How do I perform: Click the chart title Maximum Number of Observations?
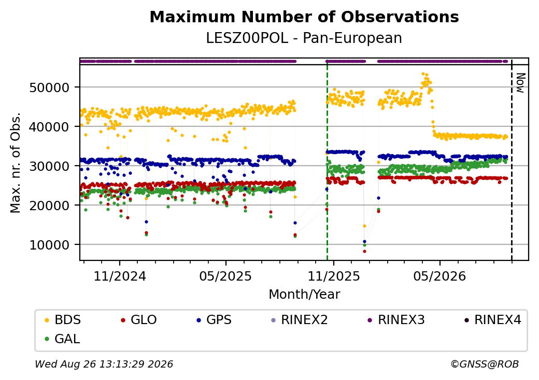click(x=304, y=17)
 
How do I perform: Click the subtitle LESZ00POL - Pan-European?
click(x=304, y=38)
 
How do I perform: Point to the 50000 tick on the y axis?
click(x=49, y=87)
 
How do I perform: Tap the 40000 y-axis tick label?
click(x=49, y=127)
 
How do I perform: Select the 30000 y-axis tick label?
click(x=49, y=166)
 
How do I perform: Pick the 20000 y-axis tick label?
click(x=49, y=206)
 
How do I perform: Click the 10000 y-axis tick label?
click(x=49, y=245)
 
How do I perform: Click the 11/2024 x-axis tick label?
click(x=120, y=276)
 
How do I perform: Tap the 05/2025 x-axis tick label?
click(x=225, y=276)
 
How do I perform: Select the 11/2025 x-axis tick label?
click(x=333, y=276)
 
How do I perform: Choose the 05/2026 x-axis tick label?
click(x=439, y=276)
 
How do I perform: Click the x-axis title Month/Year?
click(x=304, y=295)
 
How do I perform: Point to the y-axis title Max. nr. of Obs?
click(x=16, y=163)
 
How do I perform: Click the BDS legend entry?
click(x=63, y=320)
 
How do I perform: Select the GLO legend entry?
click(x=139, y=320)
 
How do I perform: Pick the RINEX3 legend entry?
click(x=396, y=320)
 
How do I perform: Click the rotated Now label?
click(x=521, y=83)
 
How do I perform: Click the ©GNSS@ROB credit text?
click(x=485, y=364)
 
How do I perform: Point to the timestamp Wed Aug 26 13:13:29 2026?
click(x=104, y=364)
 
